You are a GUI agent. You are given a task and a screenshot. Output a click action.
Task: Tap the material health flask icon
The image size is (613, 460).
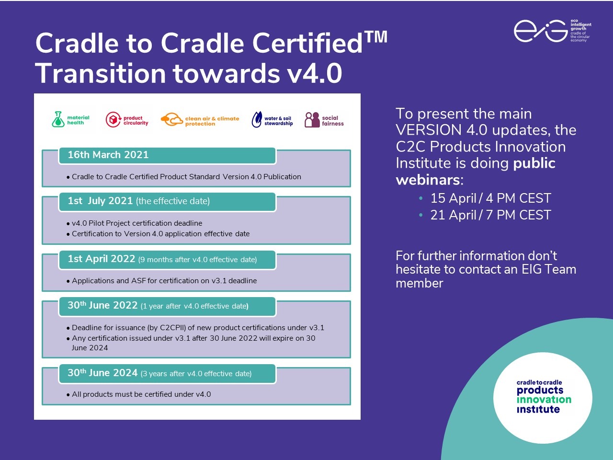tap(58, 119)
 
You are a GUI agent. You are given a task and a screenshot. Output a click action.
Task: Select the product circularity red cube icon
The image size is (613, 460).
tap(113, 120)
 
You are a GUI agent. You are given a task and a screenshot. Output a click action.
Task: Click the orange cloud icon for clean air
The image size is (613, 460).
tap(171, 120)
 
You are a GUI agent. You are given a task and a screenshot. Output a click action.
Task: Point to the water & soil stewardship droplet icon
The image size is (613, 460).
tap(257, 120)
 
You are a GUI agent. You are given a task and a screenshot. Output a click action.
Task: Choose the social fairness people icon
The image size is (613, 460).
tap(312, 120)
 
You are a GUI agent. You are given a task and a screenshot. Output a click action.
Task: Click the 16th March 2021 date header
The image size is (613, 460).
tap(108, 155)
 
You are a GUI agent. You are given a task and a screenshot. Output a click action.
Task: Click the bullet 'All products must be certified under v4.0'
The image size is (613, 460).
tap(141, 394)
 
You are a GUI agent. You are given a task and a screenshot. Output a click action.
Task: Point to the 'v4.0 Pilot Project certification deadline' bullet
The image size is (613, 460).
tap(137, 223)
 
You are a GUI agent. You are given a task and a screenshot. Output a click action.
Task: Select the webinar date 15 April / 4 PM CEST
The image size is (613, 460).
tap(490, 198)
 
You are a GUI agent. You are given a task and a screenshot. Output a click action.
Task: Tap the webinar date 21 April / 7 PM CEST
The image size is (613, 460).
tap(490, 215)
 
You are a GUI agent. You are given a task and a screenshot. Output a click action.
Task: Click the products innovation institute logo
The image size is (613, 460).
tap(543, 397)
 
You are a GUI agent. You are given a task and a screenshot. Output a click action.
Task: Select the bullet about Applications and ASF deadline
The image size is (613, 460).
tap(164, 281)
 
